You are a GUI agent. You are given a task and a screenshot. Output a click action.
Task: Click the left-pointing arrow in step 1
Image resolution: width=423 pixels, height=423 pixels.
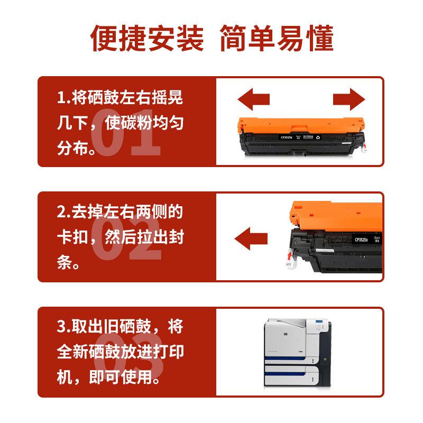pyautogui.click(x=253, y=99)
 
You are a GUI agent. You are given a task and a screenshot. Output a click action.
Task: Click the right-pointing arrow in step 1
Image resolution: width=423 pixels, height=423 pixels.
pyautogui.click(x=349, y=99)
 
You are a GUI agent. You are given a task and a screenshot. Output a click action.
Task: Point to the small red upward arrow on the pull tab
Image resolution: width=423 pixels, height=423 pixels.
pyautogui.click(x=288, y=256)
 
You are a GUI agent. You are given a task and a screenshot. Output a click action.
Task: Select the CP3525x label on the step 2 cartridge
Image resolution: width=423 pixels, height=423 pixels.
pyautogui.click(x=362, y=239)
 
